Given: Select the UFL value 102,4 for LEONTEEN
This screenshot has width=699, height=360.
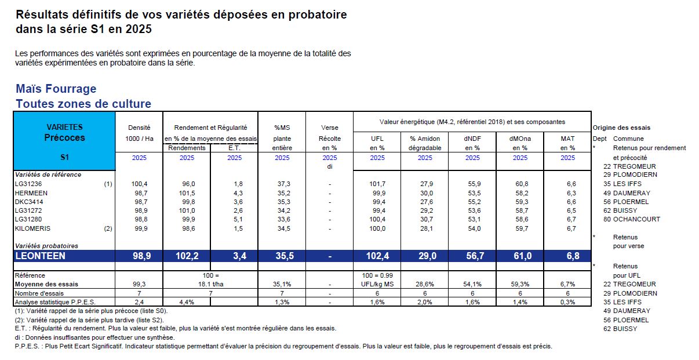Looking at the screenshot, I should (x=377, y=256).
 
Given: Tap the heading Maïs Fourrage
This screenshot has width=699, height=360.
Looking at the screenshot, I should (x=56, y=89).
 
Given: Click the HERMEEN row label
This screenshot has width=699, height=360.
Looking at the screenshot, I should (x=32, y=192).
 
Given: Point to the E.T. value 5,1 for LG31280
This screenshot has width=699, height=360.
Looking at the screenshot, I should (x=234, y=219).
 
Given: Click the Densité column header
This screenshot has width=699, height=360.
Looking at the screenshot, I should (x=139, y=127).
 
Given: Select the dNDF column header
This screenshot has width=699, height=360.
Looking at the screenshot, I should (x=472, y=139).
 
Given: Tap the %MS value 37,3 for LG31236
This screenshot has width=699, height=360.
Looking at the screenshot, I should (x=282, y=184).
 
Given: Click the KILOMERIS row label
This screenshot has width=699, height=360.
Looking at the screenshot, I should (x=34, y=228).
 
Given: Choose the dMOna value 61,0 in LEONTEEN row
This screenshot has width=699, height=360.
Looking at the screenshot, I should (x=520, y=256).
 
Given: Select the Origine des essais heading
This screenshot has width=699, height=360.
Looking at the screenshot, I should (x=621, y=128).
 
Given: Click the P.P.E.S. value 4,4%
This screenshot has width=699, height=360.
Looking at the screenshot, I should (x=187, y=302).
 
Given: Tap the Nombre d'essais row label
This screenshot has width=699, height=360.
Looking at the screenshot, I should (x=37, y=293).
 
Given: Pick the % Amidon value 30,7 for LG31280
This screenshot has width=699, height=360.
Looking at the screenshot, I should (x=425, y=219).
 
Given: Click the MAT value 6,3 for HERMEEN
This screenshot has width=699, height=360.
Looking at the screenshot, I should (x=567, y=192).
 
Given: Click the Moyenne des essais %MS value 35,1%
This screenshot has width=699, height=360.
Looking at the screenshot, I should (x=282, y=284).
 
